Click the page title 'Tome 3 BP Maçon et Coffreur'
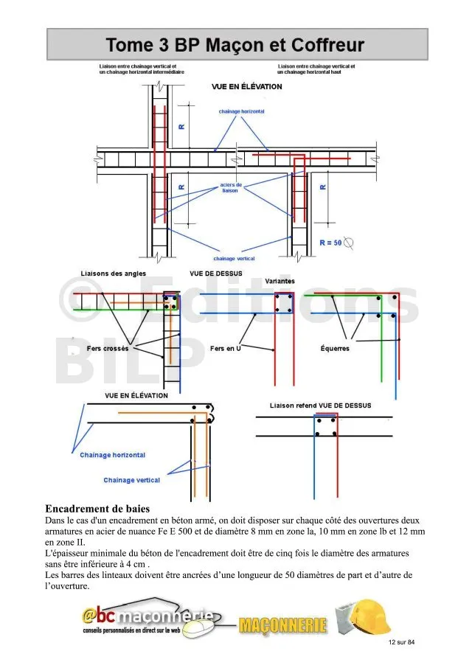click(235, 45)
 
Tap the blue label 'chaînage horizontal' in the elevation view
click(241, 111)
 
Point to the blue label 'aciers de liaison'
click(231, 187)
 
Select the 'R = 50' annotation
click(330, 242)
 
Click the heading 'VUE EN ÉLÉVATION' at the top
click(246, 87)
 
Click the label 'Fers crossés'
click(108, 348)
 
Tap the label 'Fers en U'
click(226, 348)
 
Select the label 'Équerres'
click(335, 349)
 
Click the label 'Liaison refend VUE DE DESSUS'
click(320, 406)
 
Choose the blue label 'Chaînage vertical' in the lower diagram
click(131, 480)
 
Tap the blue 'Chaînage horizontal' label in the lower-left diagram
click(112, 455)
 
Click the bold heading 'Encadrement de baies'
click(97, 509)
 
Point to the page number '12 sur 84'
click(401, 643)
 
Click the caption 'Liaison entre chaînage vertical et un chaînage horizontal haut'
click(316, 69)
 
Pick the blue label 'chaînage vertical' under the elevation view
click(234, 259)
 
